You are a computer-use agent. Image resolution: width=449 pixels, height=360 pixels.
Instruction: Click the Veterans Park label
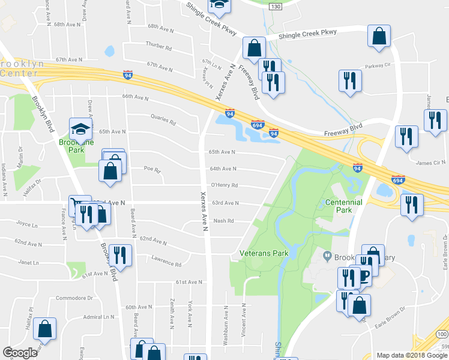264,253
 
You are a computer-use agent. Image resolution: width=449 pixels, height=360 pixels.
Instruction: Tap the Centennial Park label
343,206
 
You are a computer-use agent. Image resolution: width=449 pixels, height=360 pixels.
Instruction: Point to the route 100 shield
442,334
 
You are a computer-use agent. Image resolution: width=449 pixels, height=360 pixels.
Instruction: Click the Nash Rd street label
223,221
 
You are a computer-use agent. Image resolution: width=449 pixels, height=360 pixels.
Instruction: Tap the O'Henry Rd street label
226,185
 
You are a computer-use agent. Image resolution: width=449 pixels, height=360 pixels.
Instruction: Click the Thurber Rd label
158,45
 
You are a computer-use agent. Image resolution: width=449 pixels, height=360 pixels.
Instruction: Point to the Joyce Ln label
27,224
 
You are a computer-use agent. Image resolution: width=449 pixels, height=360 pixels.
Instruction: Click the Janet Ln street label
28,263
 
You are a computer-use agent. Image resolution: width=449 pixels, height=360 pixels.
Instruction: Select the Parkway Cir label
378,65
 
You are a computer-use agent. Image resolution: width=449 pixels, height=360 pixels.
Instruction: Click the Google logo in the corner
19,353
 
